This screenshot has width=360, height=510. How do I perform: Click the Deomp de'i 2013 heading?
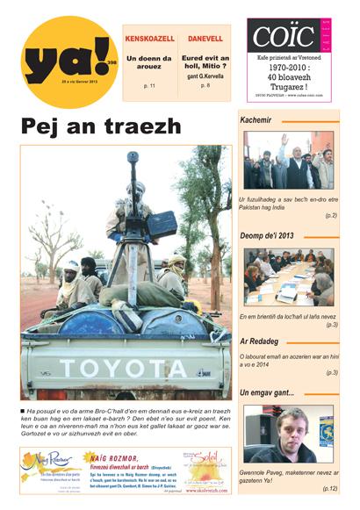[x=269, y=235]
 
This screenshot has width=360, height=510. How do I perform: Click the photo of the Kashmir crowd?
[x=288, y=162]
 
